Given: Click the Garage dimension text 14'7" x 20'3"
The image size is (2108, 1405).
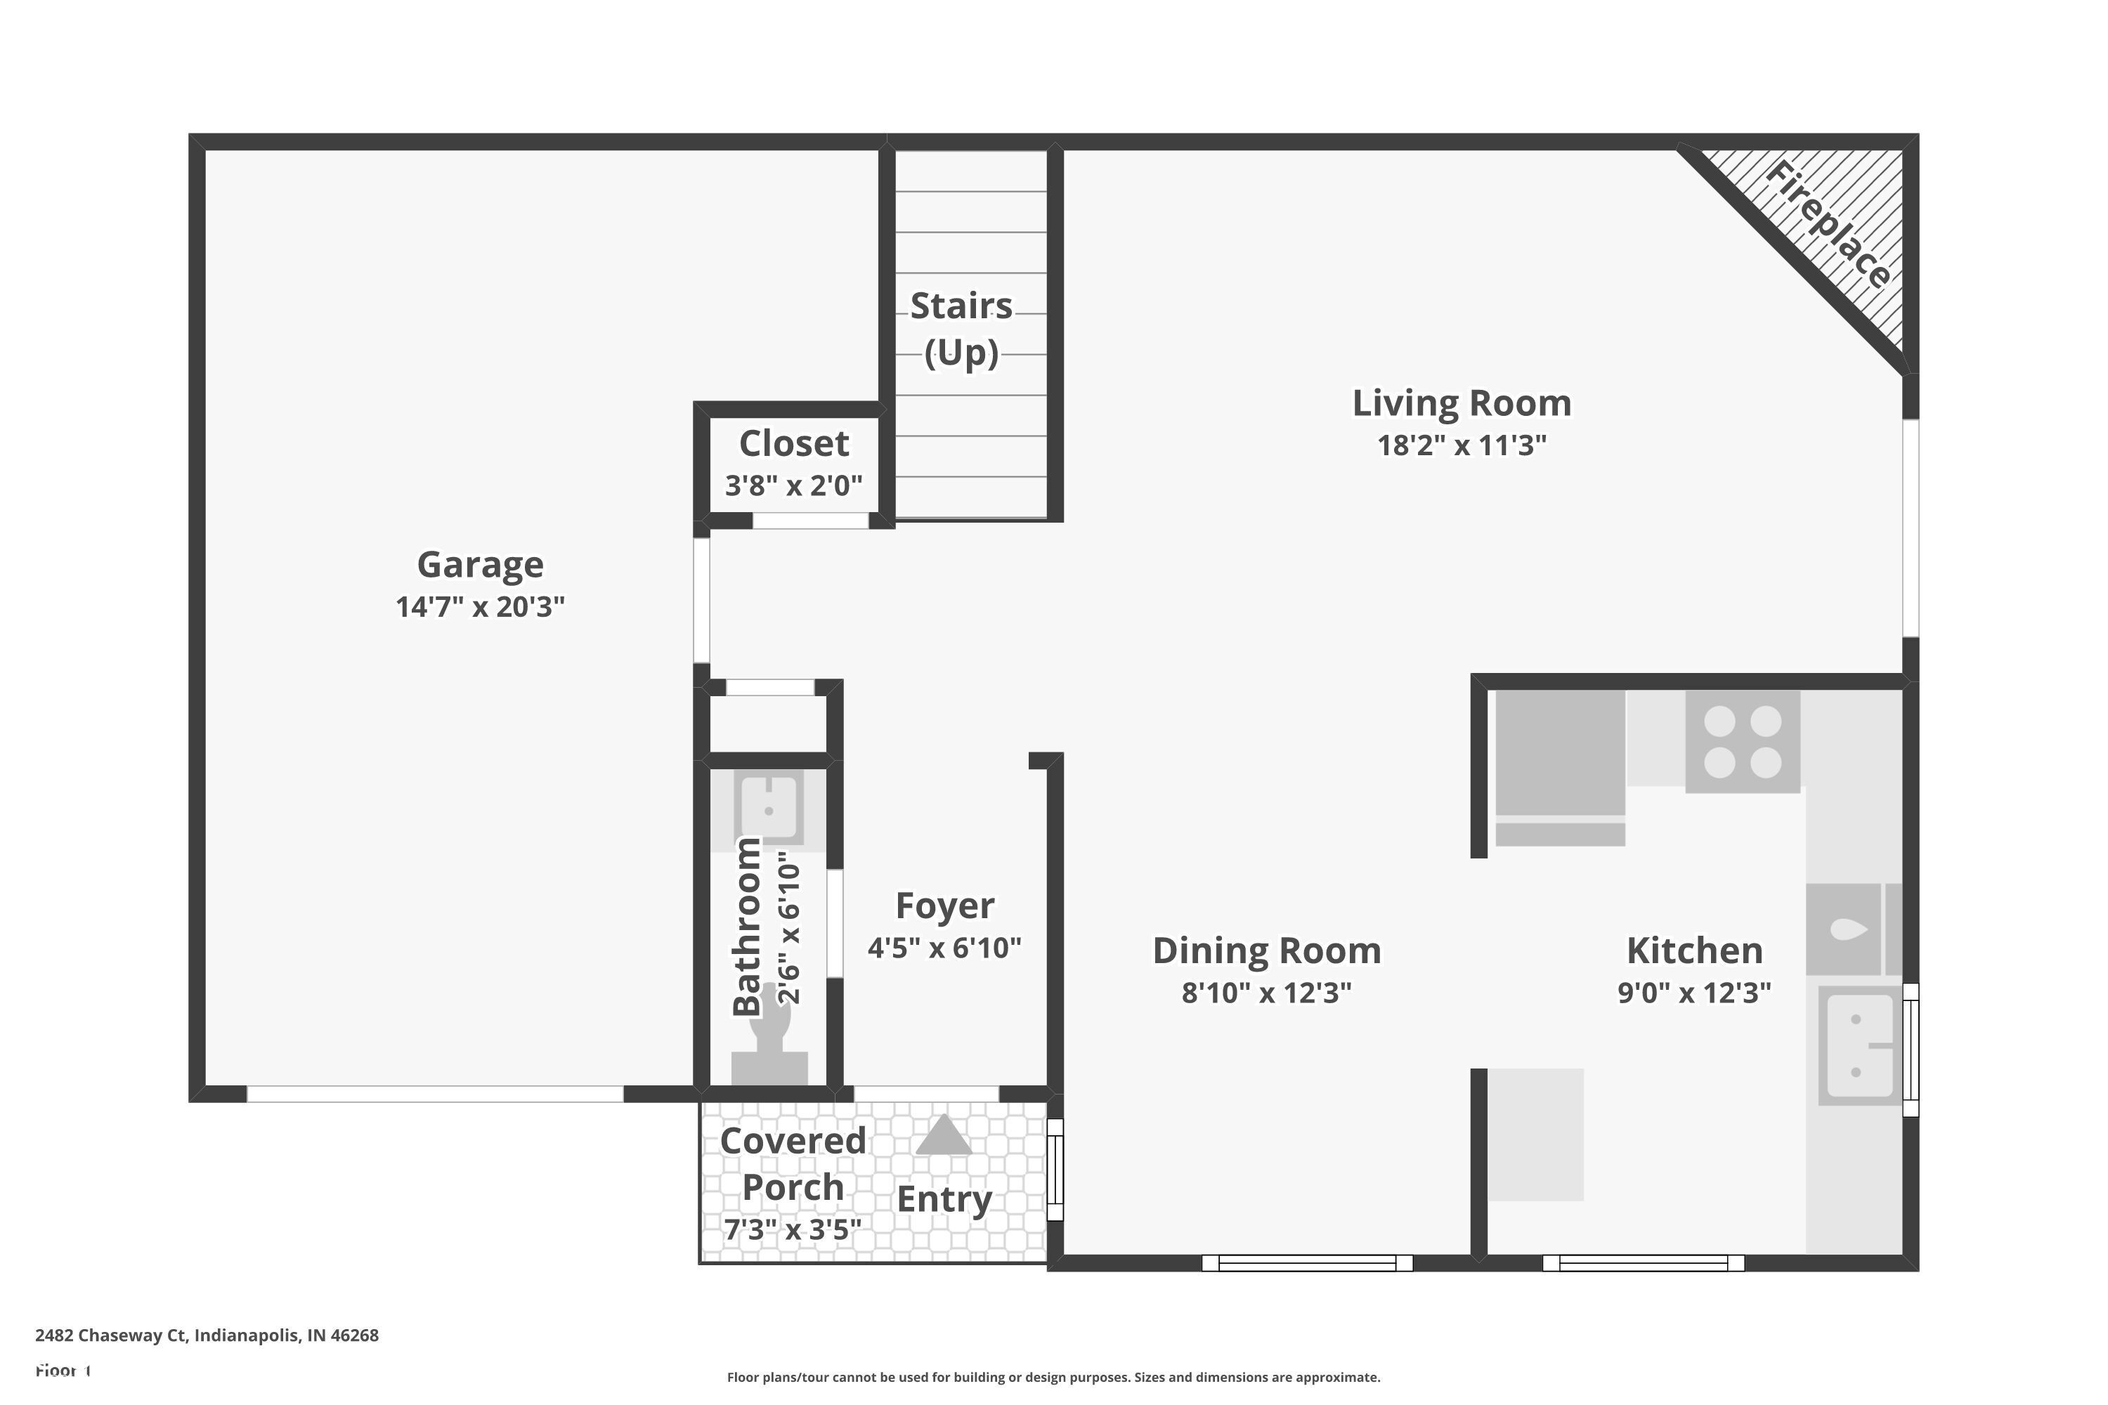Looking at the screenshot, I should tap(481, 607).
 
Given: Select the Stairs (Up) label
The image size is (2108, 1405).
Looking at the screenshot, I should tap(961, 328).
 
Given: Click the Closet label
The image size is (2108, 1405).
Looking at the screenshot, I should tap(793, 443).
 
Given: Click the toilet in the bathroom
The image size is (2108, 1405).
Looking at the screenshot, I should tap(769, 1040).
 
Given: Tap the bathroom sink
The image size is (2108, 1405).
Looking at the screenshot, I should tap(768, 806).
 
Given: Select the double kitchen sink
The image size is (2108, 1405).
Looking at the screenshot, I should tap(1860, 1045).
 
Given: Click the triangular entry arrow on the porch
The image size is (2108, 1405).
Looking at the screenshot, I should tap(943, 1135).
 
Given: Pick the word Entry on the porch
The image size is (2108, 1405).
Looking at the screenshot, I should tap(944, 1199).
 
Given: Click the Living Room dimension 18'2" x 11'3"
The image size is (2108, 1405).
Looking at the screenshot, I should tap(1461, 445).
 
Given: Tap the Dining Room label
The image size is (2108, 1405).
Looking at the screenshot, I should tap(1266, 950).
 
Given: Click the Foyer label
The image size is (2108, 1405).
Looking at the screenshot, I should tap(944, 906).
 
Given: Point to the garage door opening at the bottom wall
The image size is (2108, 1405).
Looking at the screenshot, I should tap(435, 1094).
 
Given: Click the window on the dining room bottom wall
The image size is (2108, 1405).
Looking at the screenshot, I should tap(1307, 1262).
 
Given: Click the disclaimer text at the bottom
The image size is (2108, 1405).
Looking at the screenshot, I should tap(1053, 1377).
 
